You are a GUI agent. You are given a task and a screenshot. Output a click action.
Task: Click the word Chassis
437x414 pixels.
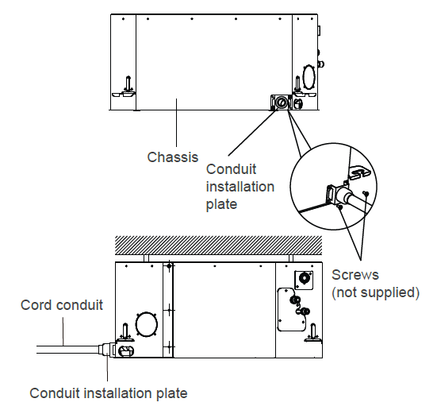click(x=173, y=157)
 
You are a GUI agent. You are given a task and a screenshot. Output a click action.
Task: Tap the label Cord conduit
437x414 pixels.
click(x=62, y=305)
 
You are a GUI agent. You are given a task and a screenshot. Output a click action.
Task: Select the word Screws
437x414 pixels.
click(x=355, y=275)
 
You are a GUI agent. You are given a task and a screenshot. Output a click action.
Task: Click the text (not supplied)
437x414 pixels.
click(x=375, y=292)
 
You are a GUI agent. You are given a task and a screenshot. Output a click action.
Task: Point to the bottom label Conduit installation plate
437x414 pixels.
click(x=109, y=393)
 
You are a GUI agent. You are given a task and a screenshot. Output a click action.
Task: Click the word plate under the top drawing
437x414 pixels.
click(x=221, y=204)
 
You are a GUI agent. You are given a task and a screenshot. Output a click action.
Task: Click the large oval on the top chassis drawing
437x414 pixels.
click(x=309, y=77)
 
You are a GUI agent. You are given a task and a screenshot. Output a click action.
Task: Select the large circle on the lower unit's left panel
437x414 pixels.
click(x=147, y=324)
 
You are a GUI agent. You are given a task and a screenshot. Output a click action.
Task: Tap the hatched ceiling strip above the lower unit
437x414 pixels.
click(x=219, y=245)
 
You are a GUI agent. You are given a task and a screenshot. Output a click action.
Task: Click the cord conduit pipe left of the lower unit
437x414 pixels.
click(x=67, y=350)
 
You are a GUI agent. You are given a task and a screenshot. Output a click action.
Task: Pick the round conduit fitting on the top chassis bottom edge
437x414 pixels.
click(x=281, y=102)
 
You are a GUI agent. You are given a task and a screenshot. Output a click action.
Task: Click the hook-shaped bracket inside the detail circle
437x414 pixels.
click(x=359, y=172)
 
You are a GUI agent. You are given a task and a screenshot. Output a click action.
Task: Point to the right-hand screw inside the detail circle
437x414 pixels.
click(x=366, y=193)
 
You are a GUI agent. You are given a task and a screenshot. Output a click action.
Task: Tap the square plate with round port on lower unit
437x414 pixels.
click(x=304, y=280)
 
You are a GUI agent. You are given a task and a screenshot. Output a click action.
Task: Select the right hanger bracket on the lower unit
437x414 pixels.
click(x=313, y=333)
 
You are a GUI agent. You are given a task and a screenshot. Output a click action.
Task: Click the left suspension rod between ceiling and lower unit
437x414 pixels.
click(x=146, y=258)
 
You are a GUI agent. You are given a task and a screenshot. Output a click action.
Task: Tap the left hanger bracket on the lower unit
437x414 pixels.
click(x=125, y=333)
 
